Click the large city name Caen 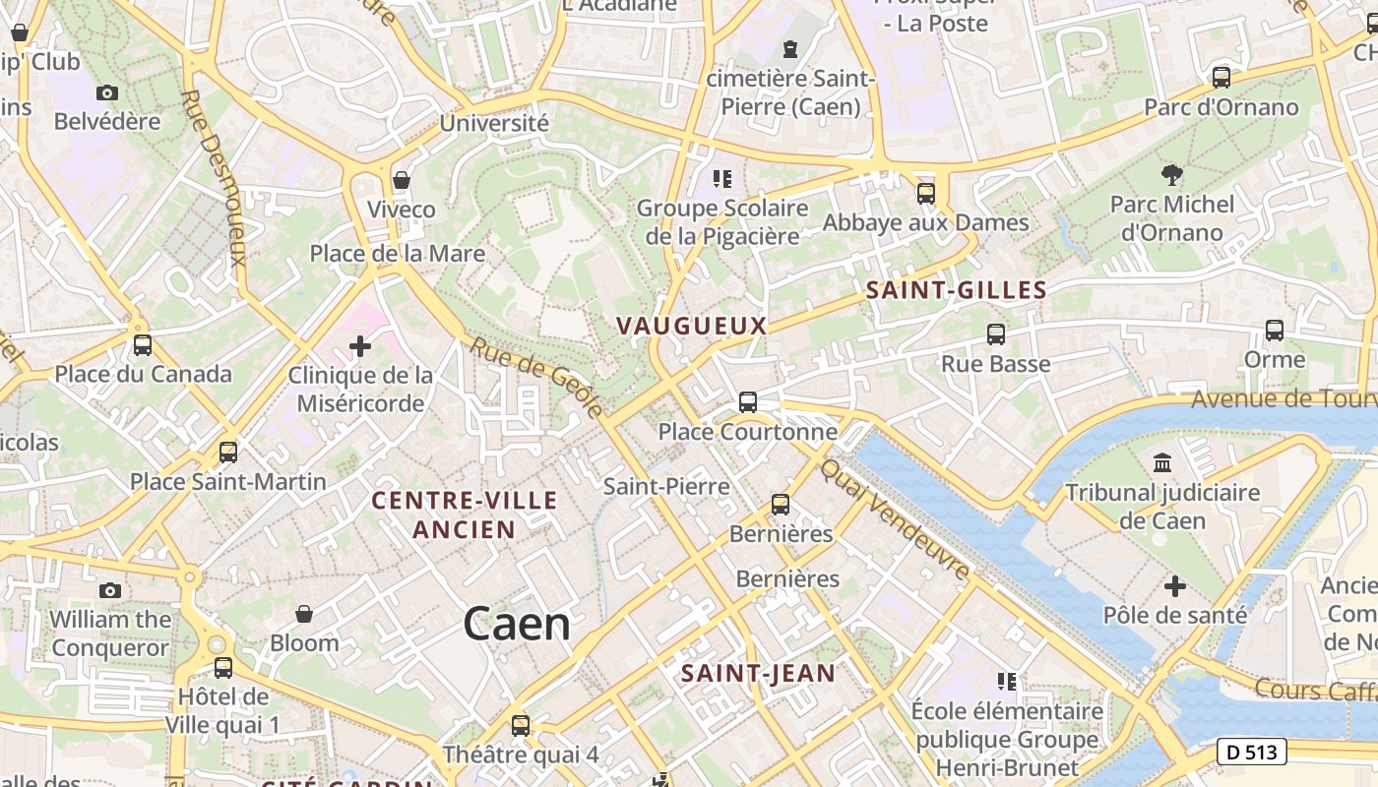[x=517, y=624]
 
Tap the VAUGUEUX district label [x=691, y=326]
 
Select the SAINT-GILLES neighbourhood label [x=956, y=290]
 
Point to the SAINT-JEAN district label [x=758, y=674]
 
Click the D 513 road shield [x=1252, y=753]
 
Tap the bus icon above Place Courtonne [x=748, y=402]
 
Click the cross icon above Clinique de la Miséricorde [x=360, y=346]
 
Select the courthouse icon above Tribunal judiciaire [x=1162, y=462]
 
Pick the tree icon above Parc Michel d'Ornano [x=1171, y=175]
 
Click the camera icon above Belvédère [x=107, y=93]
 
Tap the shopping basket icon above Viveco [x=401, y=180]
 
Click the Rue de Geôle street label [x=536, y=378]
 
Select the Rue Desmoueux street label [x=214, y=178]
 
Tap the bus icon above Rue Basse [x=996, y=334]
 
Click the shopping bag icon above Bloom [x=304, y=614]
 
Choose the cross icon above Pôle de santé [x=1174, y=586]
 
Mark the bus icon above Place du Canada [x=143, y=345]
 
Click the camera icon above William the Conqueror [x=110, y=590]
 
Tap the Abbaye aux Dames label [x=925, y=223]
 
